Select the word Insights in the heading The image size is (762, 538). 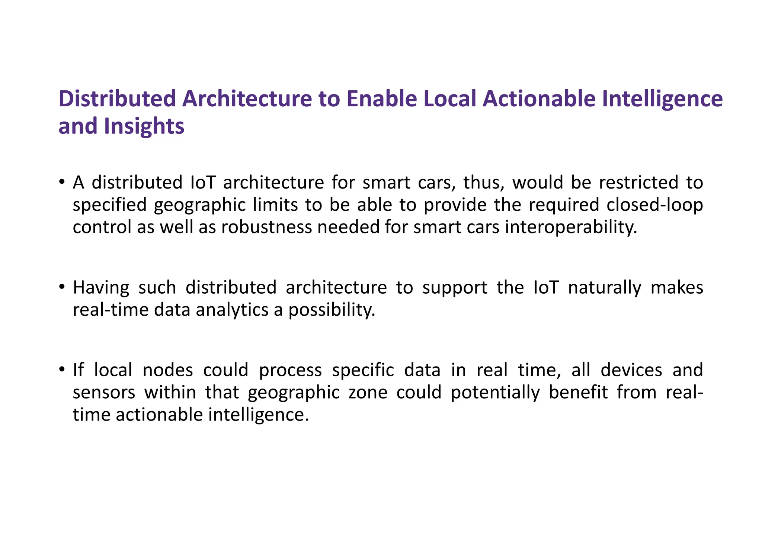tap(144, 126)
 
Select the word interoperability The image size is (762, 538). tap(571, 227)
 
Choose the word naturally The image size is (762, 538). tap(605, 287)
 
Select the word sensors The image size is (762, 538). tap(104, 392)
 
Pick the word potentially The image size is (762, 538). tap(495, 392)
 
